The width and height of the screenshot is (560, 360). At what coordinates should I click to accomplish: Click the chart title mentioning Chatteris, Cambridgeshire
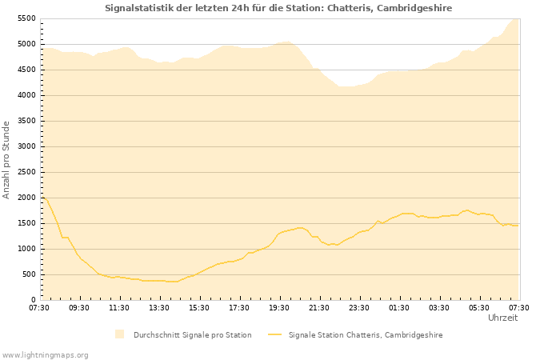click(x=278, y=8)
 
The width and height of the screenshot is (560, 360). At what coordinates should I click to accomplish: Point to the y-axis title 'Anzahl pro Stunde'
click(x=6, y=159)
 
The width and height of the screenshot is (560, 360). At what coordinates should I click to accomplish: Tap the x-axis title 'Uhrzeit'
click(x=502, y=318)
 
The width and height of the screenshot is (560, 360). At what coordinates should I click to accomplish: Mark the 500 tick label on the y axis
click(x=28, y=274)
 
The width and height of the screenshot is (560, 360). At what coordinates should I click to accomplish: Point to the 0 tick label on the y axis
click(x=33, y=300)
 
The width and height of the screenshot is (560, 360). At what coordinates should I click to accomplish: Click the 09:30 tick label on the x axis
click(x=79, y=307)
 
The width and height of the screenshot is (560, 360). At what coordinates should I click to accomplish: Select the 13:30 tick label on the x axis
click(x=159, y=307)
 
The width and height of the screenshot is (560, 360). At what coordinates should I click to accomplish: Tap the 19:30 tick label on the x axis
click(x=279, y=307)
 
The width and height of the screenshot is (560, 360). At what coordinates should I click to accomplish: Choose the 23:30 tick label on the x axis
click(x=359, y=307)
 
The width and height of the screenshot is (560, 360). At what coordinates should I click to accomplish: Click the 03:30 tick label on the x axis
click(x=439, y=307)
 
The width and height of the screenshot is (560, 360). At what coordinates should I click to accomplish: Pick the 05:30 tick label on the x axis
click(x=479, y=307)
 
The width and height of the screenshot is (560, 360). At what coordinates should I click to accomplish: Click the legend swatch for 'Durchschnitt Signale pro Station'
click(x=119, y=334)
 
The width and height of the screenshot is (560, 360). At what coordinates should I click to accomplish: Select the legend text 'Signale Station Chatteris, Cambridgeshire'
click(x=366, y=335)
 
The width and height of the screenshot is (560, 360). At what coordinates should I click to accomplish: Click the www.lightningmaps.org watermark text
click(x=46, y=354)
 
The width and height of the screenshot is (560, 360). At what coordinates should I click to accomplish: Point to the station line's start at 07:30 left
click(x=41, y=197)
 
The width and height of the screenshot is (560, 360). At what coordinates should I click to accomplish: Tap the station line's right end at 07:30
click(x=518, y=226)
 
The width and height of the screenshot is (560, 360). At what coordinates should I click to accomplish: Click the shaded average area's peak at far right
click(x=517, y=19)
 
